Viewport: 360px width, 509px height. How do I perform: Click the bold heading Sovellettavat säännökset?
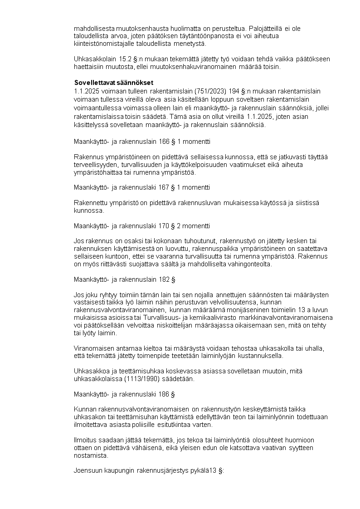pos(114,83)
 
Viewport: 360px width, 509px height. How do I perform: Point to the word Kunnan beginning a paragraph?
pos(84,409)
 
